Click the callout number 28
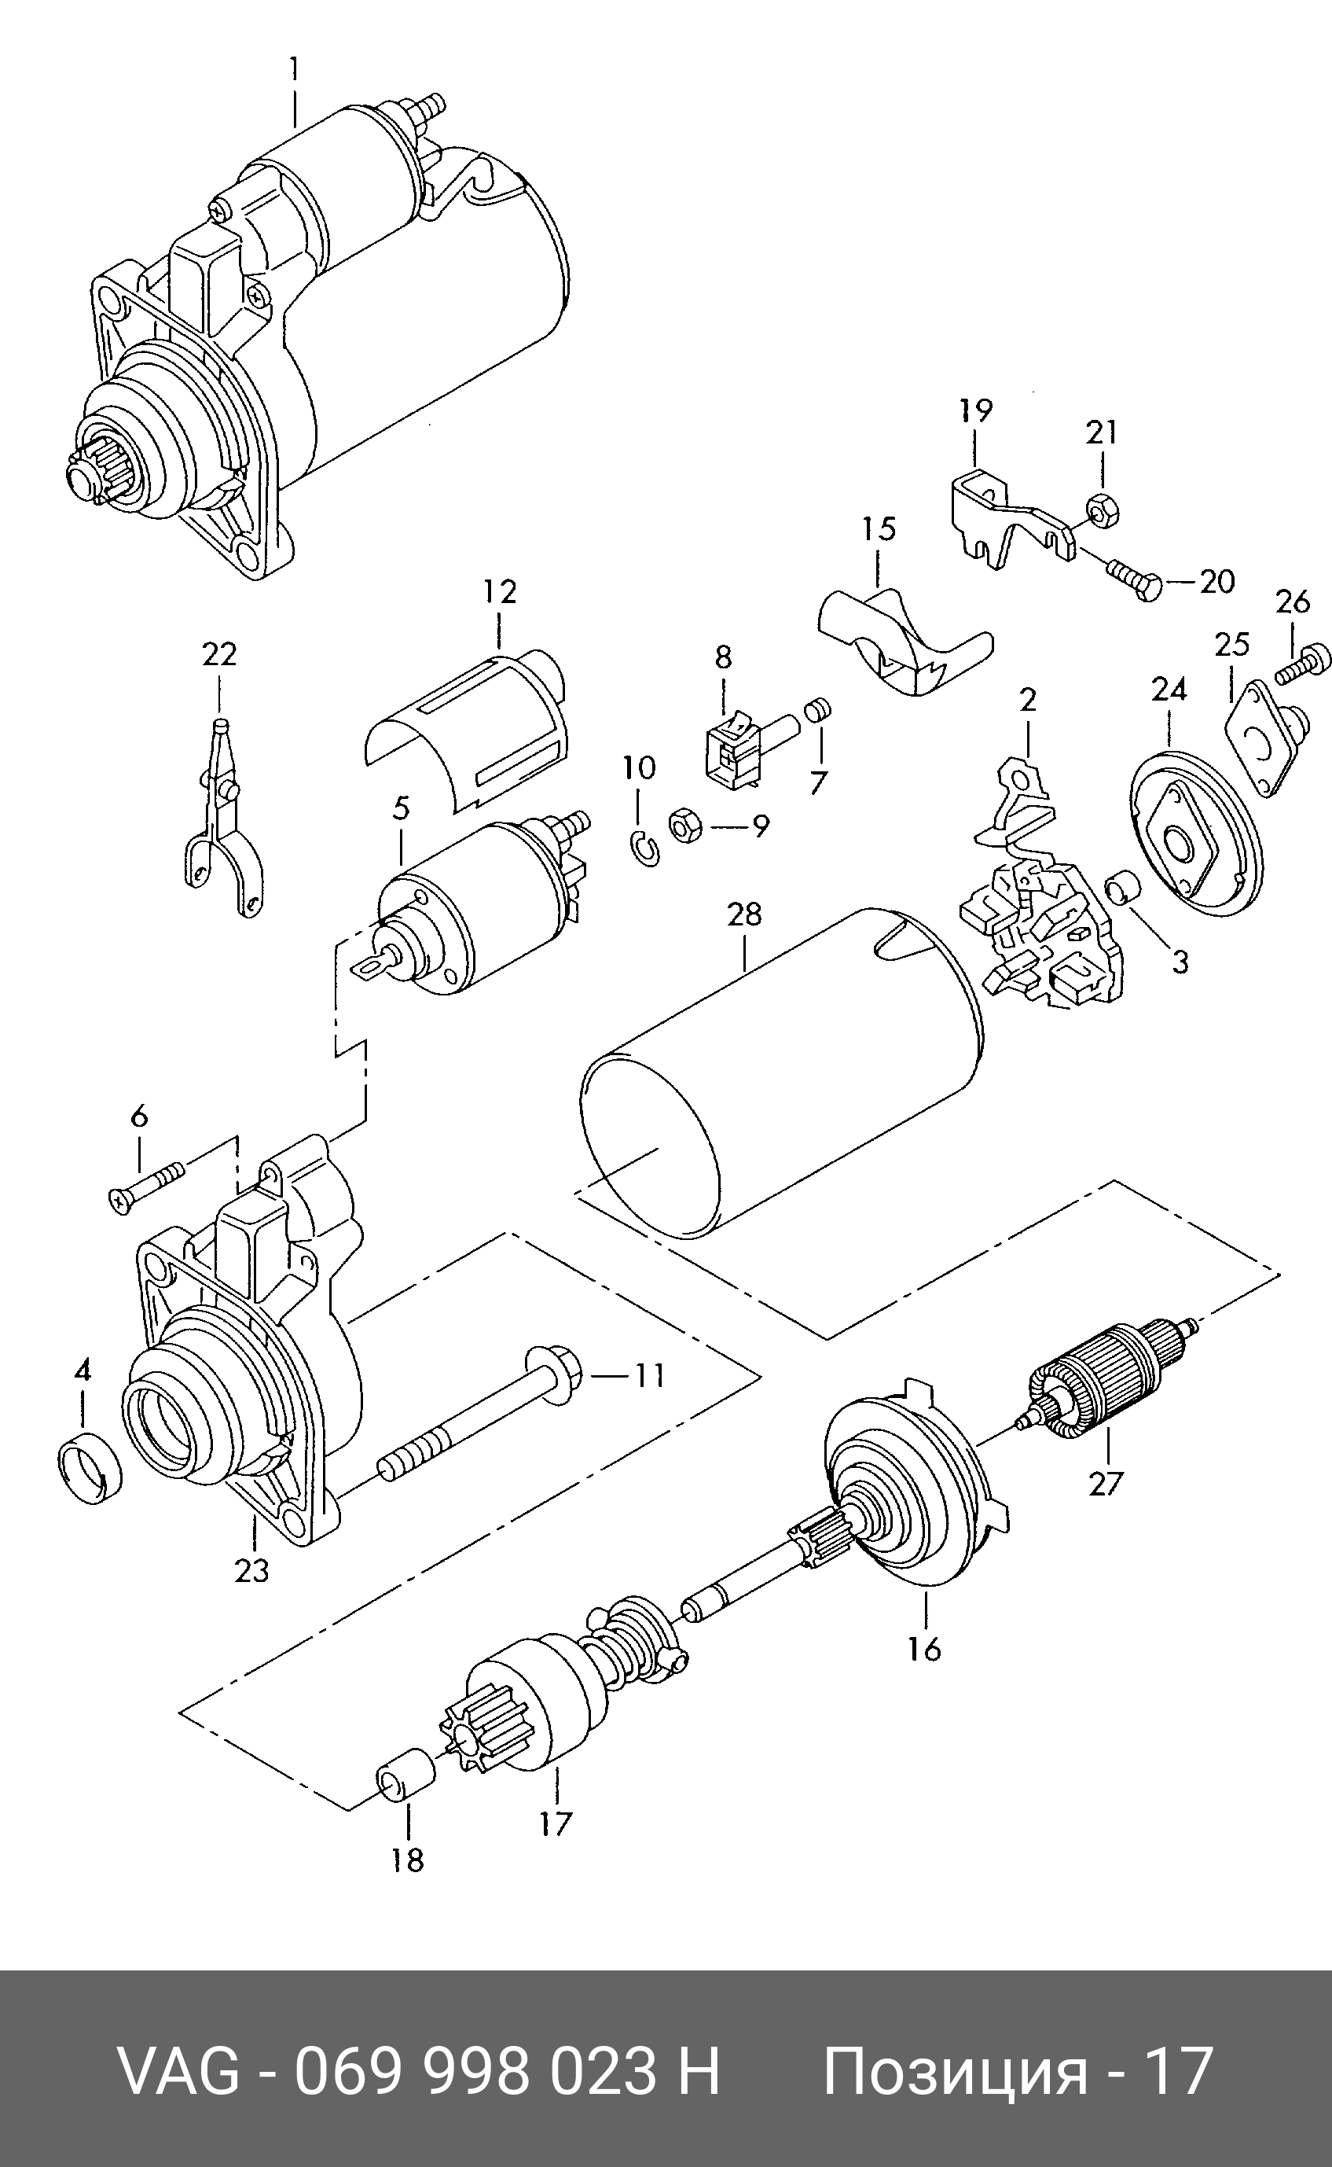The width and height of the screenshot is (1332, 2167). (x=744, y=914)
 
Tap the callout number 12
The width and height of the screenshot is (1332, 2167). (x=500, y=592)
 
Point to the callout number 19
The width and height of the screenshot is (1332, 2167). (x=976, y=410)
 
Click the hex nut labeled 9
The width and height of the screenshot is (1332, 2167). (x=684, y=825)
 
